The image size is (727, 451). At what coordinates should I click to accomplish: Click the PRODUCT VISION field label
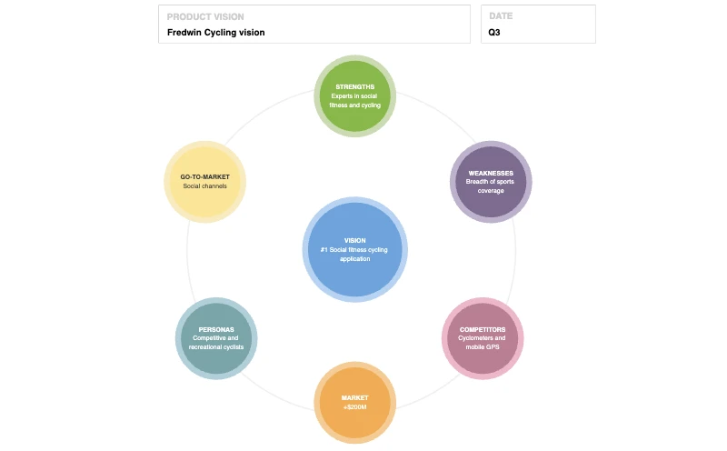click(x=205, y=17)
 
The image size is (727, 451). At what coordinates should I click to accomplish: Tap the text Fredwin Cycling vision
click(x=216, y=33)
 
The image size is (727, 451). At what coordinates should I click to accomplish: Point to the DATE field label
click(x=501, y=17)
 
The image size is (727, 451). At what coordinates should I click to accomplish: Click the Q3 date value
click(x=494, y=33)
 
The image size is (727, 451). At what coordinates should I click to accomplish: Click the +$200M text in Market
click(x=354, y=406)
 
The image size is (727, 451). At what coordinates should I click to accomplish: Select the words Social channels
click(x=204, y=186)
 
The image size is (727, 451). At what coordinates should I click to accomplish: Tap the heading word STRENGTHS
click(x=354, y=87)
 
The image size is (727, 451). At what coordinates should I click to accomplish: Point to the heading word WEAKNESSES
click(x=491, y=174)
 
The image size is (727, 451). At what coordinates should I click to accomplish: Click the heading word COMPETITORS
click(x=482, y=329)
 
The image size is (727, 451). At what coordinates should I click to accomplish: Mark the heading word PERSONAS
click(x=216, y=329)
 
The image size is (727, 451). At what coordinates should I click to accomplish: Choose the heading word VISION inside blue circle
click(x=354, y=241)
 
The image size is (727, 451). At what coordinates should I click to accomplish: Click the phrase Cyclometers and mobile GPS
click(x=482, y=343)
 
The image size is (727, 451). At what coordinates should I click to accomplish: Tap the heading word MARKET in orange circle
click(x=354, y=397)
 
